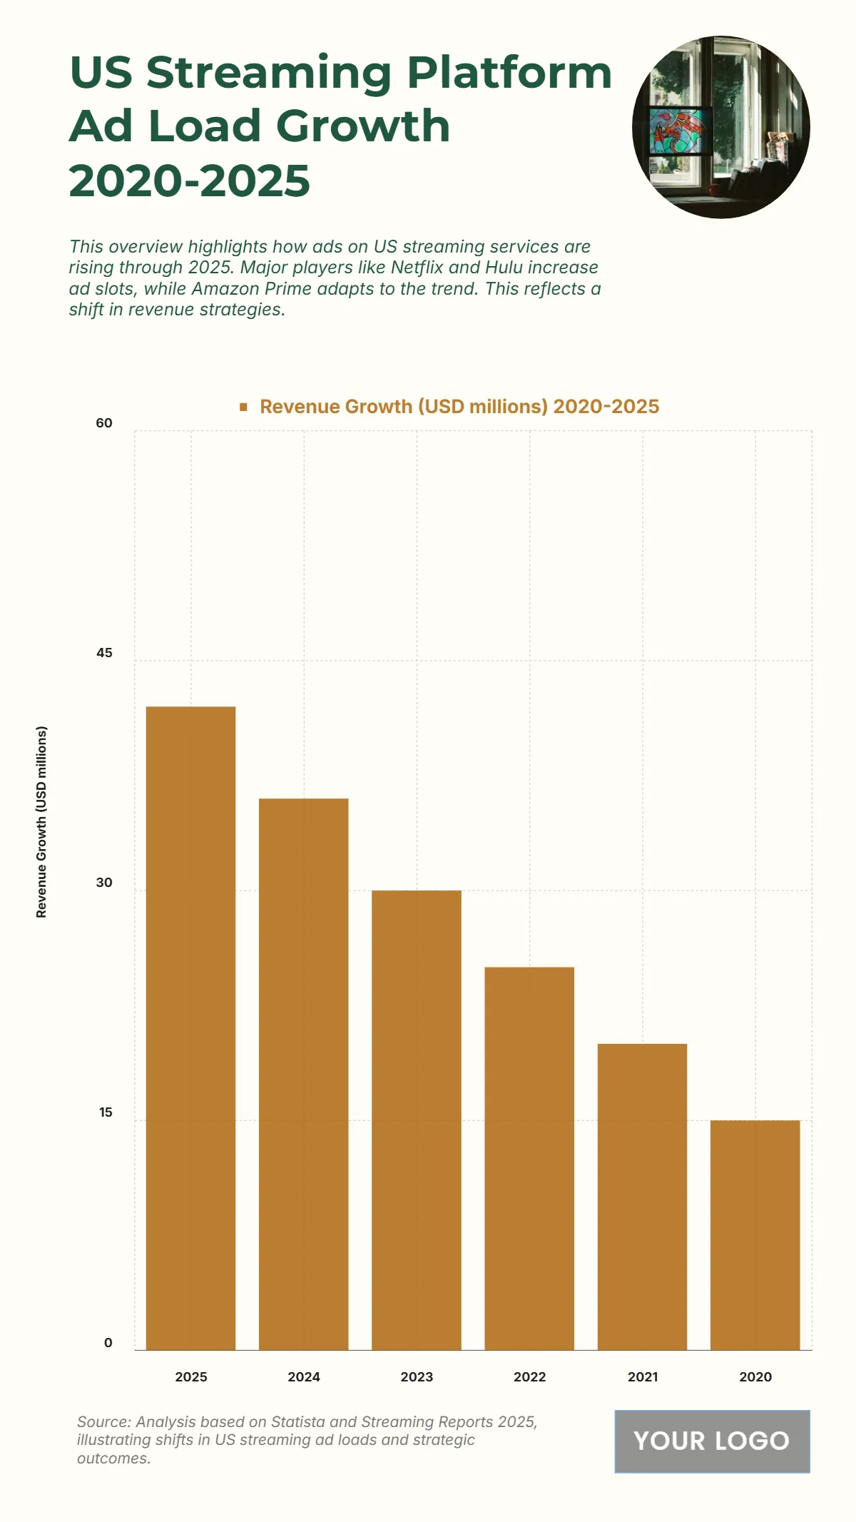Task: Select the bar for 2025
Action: (x=190, y=1028)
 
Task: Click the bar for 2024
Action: (x=304, y=1074)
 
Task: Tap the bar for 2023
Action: (x=417, y=1120)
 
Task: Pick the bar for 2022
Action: (x=529, y=1158)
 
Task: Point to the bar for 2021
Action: (x=642, y=1197)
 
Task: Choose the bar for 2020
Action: (x=755, y=1234)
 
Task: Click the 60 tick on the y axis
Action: (x=104, y=423)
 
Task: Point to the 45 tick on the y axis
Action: (x=104, y=653)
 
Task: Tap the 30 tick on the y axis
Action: (x=104, y=883)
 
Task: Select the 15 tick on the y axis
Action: (x=106, y=1112)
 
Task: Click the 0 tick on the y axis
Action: (x=108, y=1342)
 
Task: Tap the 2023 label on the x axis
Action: (x=417, y=1376)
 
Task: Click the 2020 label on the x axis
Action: (x=755, y=1376)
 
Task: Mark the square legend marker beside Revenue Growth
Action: (x=243, y=407)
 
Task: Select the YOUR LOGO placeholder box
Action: (x=712, y=1441)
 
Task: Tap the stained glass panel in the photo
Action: (x=679, y=132)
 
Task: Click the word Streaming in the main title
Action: (x=269, y=73)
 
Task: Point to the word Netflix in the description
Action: (x=417, y=268)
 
